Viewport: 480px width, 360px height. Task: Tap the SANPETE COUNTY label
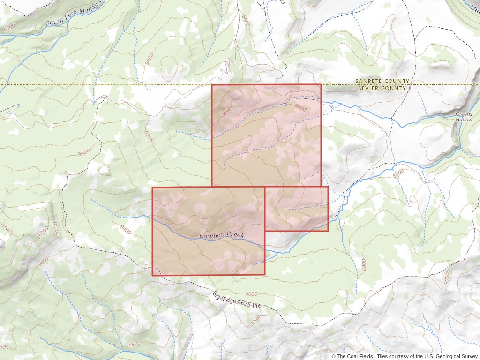coord(382,81)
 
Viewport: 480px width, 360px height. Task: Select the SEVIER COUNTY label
coord(382,88)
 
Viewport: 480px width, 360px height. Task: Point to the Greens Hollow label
coord(464,117)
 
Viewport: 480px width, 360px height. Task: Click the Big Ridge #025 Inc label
coord(237,300)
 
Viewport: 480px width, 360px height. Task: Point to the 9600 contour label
coord(84,152)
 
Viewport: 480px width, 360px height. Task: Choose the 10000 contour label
coord(56,229)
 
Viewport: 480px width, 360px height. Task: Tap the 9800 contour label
coord(43,261)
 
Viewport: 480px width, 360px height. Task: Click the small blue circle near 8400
coord(285,104)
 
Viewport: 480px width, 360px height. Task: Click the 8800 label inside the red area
coord(228,111)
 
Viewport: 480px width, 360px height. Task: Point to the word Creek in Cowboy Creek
coord(236,235)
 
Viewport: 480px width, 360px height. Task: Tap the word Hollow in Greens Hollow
coord(464,120)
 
